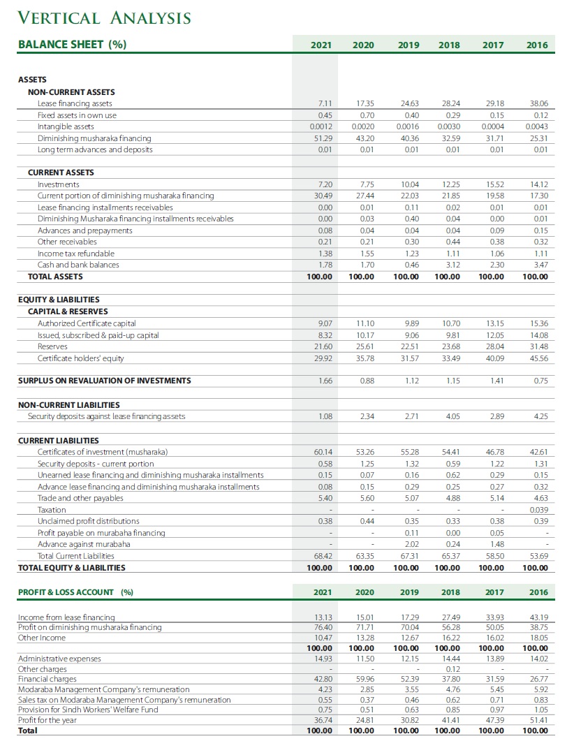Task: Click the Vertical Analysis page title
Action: [x=103, y=17]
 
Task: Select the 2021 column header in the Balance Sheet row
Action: [x=321, y=45]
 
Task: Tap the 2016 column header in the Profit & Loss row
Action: [x=538, y=592]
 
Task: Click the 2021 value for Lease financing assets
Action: [x=323, y=103]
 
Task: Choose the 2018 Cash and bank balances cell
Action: [x=450, y=265]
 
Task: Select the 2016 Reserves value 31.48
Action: [x=538, y=347]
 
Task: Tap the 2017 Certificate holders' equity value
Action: [x=494, y=359]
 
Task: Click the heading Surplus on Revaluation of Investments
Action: [x=104, y=381]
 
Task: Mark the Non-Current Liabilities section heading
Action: [x=68, y=405]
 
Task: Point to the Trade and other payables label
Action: [x=80, y=498]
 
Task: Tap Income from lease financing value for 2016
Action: [x=538, y=617]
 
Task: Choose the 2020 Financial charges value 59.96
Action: [x=365, y=678]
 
